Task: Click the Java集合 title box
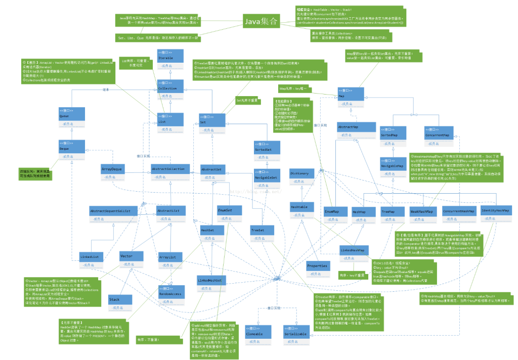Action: click(x=261, y=22)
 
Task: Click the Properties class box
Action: click(x=317, y=268)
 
